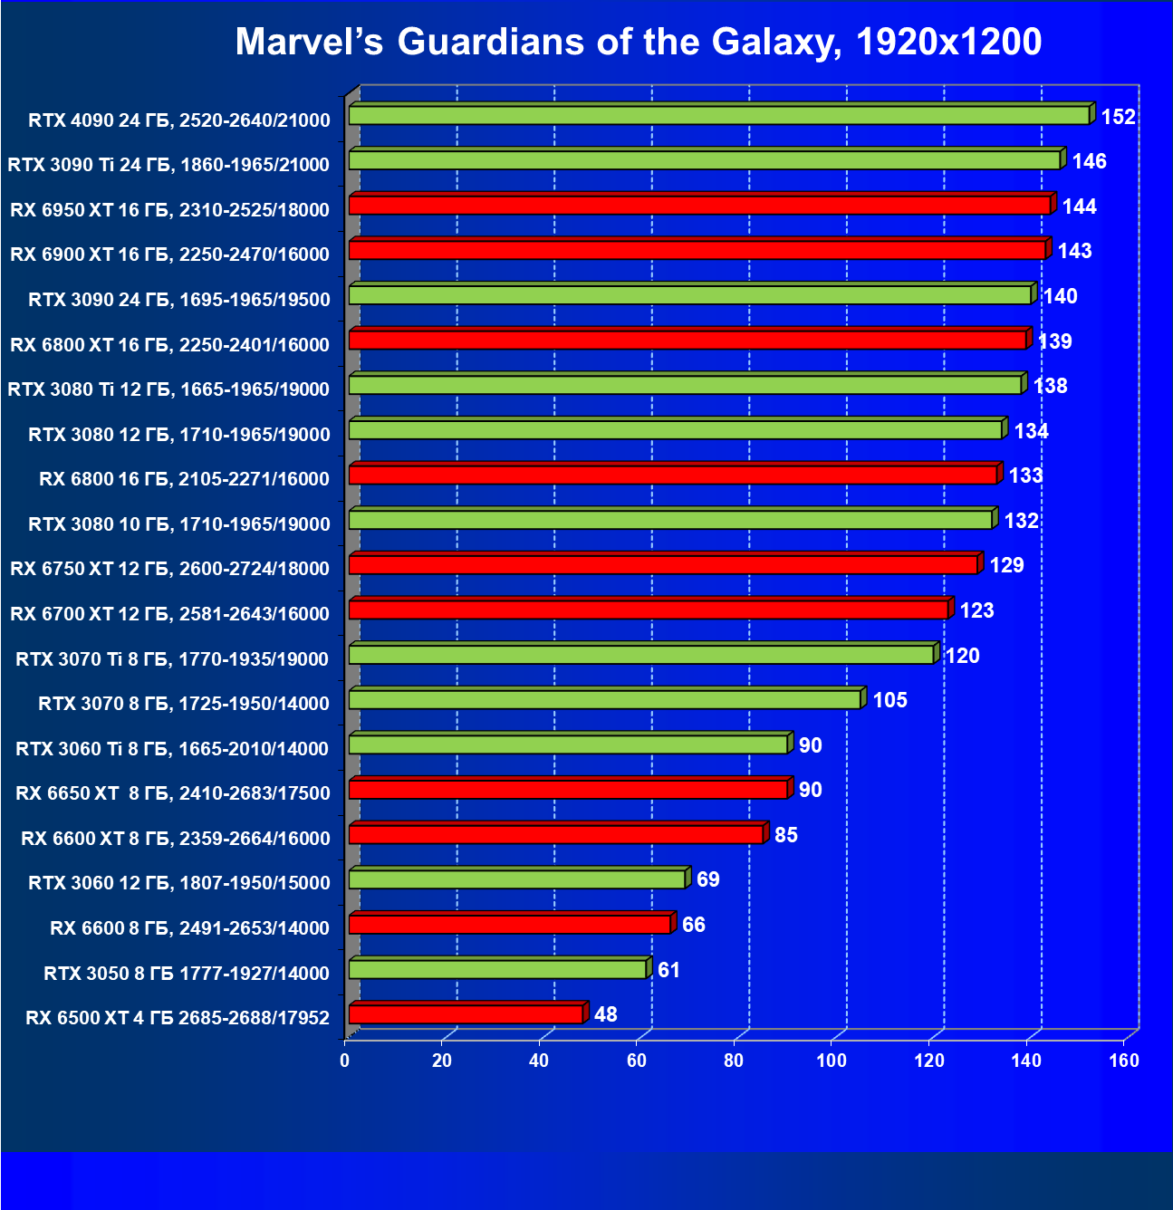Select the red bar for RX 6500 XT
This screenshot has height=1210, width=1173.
(x=466, y=1014)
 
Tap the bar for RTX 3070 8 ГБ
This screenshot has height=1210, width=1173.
(x=604, y=699)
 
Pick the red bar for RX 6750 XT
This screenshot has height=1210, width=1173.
(x=663, y=565)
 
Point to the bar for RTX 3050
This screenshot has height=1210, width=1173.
(x=497, y=969)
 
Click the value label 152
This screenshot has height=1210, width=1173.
(x=1118, y=117)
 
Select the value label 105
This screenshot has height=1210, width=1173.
(x=889, y=700)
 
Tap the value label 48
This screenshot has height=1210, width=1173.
(x=605, y=1014)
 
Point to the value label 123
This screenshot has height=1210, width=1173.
(x=976, y=610)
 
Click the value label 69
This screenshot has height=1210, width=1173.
(x=707, y=879)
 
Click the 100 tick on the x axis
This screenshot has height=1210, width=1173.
(x=832, y=1061)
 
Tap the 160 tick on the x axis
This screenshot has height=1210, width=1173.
(x=1124, y=1061)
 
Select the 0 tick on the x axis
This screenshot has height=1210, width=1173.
(x=345, y=1061)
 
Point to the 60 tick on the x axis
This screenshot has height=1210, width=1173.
(x=637, y=1061)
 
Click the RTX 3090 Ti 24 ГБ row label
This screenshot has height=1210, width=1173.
(x=168, y=164)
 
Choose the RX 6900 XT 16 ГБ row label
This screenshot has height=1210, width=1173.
(x=169, y=254)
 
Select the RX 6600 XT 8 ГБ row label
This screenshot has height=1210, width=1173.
(x=176, y=838)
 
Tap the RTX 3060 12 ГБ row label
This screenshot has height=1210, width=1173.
(x=179, y=882)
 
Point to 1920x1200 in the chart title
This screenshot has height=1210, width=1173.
(x=948, y=42)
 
